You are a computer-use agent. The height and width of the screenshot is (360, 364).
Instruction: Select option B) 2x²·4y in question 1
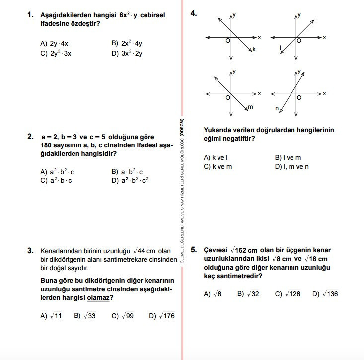click(x=127, y=43)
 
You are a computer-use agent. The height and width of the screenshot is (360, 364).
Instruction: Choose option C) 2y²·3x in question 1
click(x=56, y=53)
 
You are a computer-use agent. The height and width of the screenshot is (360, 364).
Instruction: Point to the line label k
click(x=253, y=49)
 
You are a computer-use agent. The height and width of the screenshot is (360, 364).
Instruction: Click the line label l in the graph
click(x=281, y=47)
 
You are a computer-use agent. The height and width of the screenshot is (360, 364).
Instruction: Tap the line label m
click(x=250, y=107)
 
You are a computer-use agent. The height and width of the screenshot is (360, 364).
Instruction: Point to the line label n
click(x=277, y=108)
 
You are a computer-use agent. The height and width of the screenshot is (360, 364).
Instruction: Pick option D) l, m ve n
click(x=291, y=166)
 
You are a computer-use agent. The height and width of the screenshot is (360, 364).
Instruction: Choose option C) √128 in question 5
click(x=288, y=294)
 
